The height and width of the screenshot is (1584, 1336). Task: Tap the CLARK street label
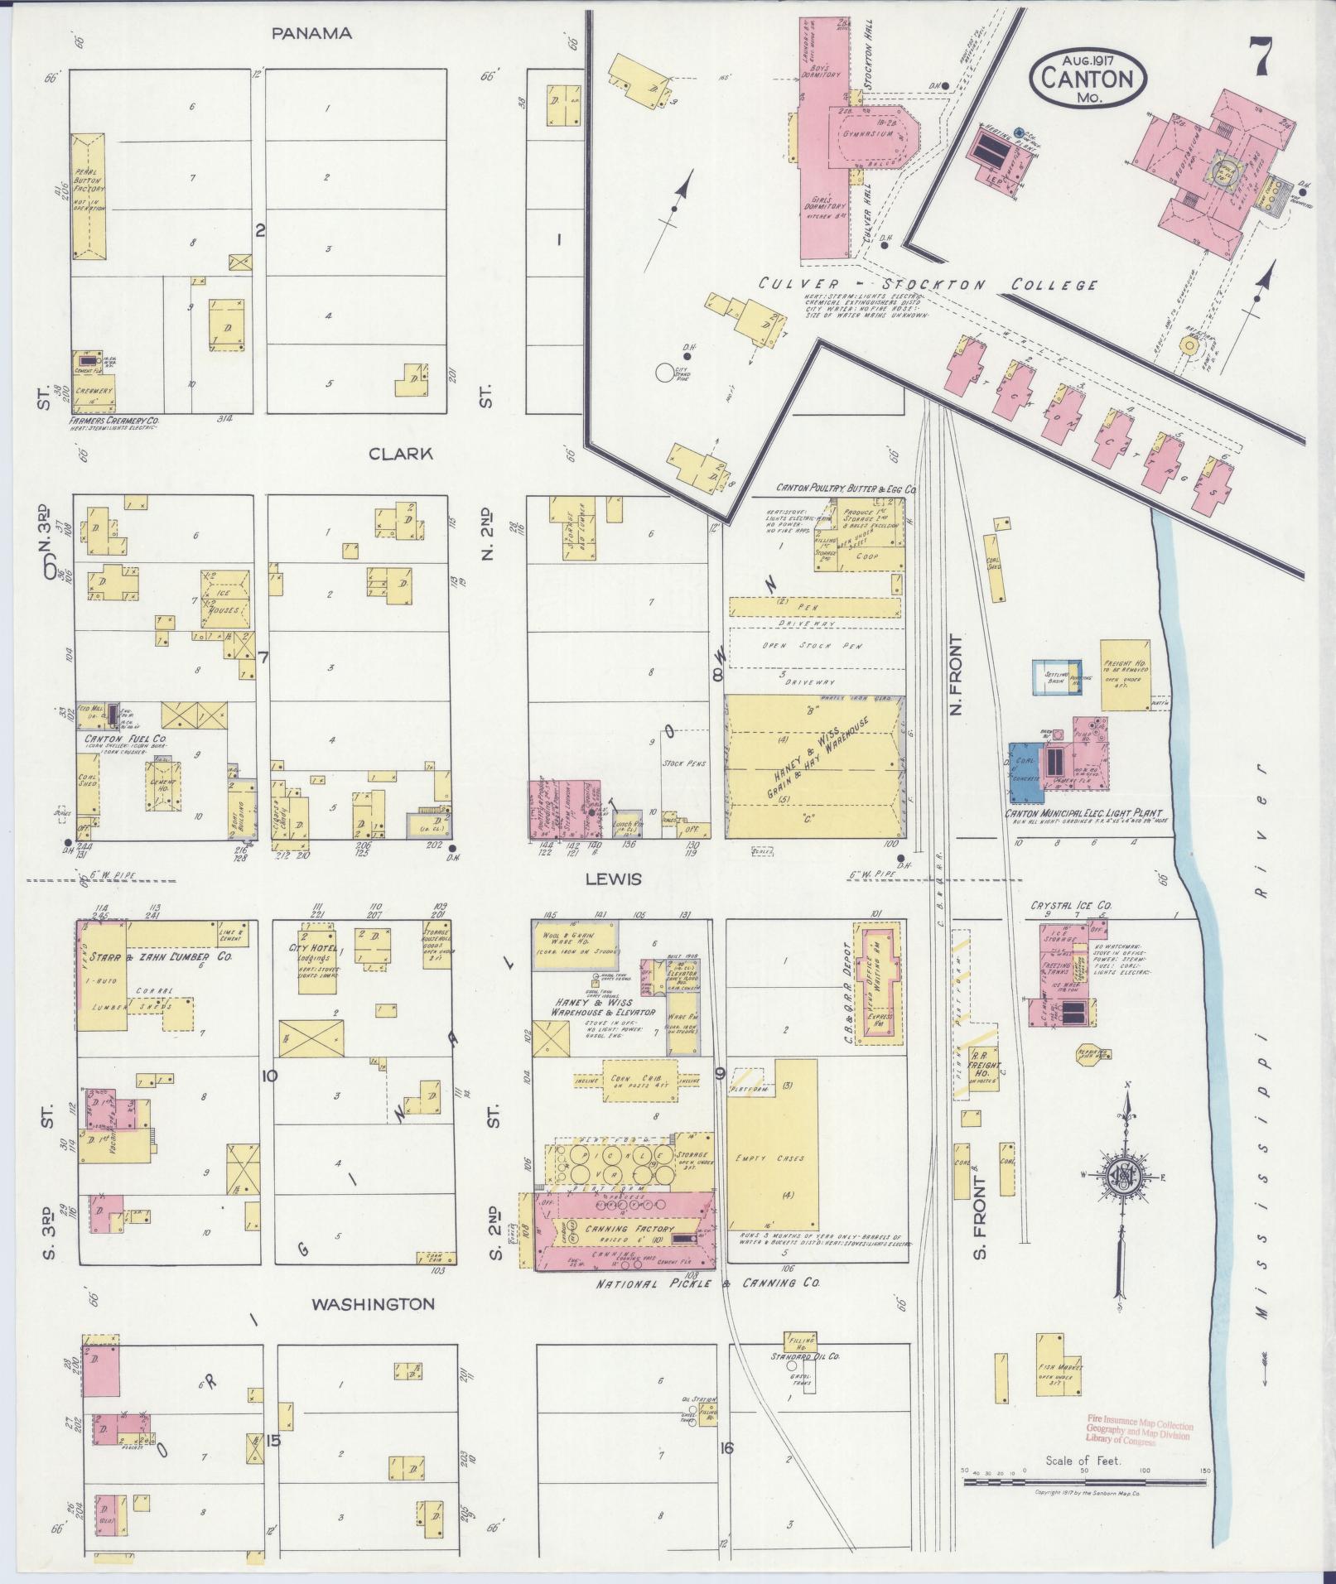401,454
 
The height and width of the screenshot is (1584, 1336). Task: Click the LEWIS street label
615,879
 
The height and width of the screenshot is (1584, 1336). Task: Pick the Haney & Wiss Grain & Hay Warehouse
813,767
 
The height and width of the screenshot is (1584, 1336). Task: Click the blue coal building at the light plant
1026,771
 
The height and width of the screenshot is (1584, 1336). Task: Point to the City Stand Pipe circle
664,372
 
